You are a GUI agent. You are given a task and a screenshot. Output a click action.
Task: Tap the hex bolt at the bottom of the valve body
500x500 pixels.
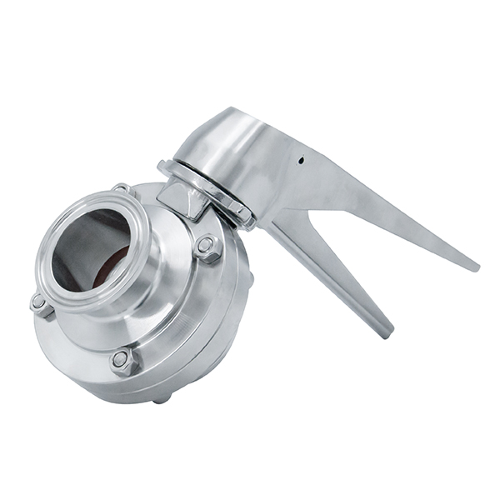click(124, 360)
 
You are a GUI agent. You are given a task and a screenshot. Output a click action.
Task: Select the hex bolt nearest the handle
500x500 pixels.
click(206, 247)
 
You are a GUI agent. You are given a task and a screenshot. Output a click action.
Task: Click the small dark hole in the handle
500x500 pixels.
click(302, 161)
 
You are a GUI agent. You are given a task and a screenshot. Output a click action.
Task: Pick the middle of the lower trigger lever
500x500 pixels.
click(333, 275)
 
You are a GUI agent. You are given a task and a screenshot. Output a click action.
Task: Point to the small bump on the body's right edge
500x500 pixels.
click(250, 279)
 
